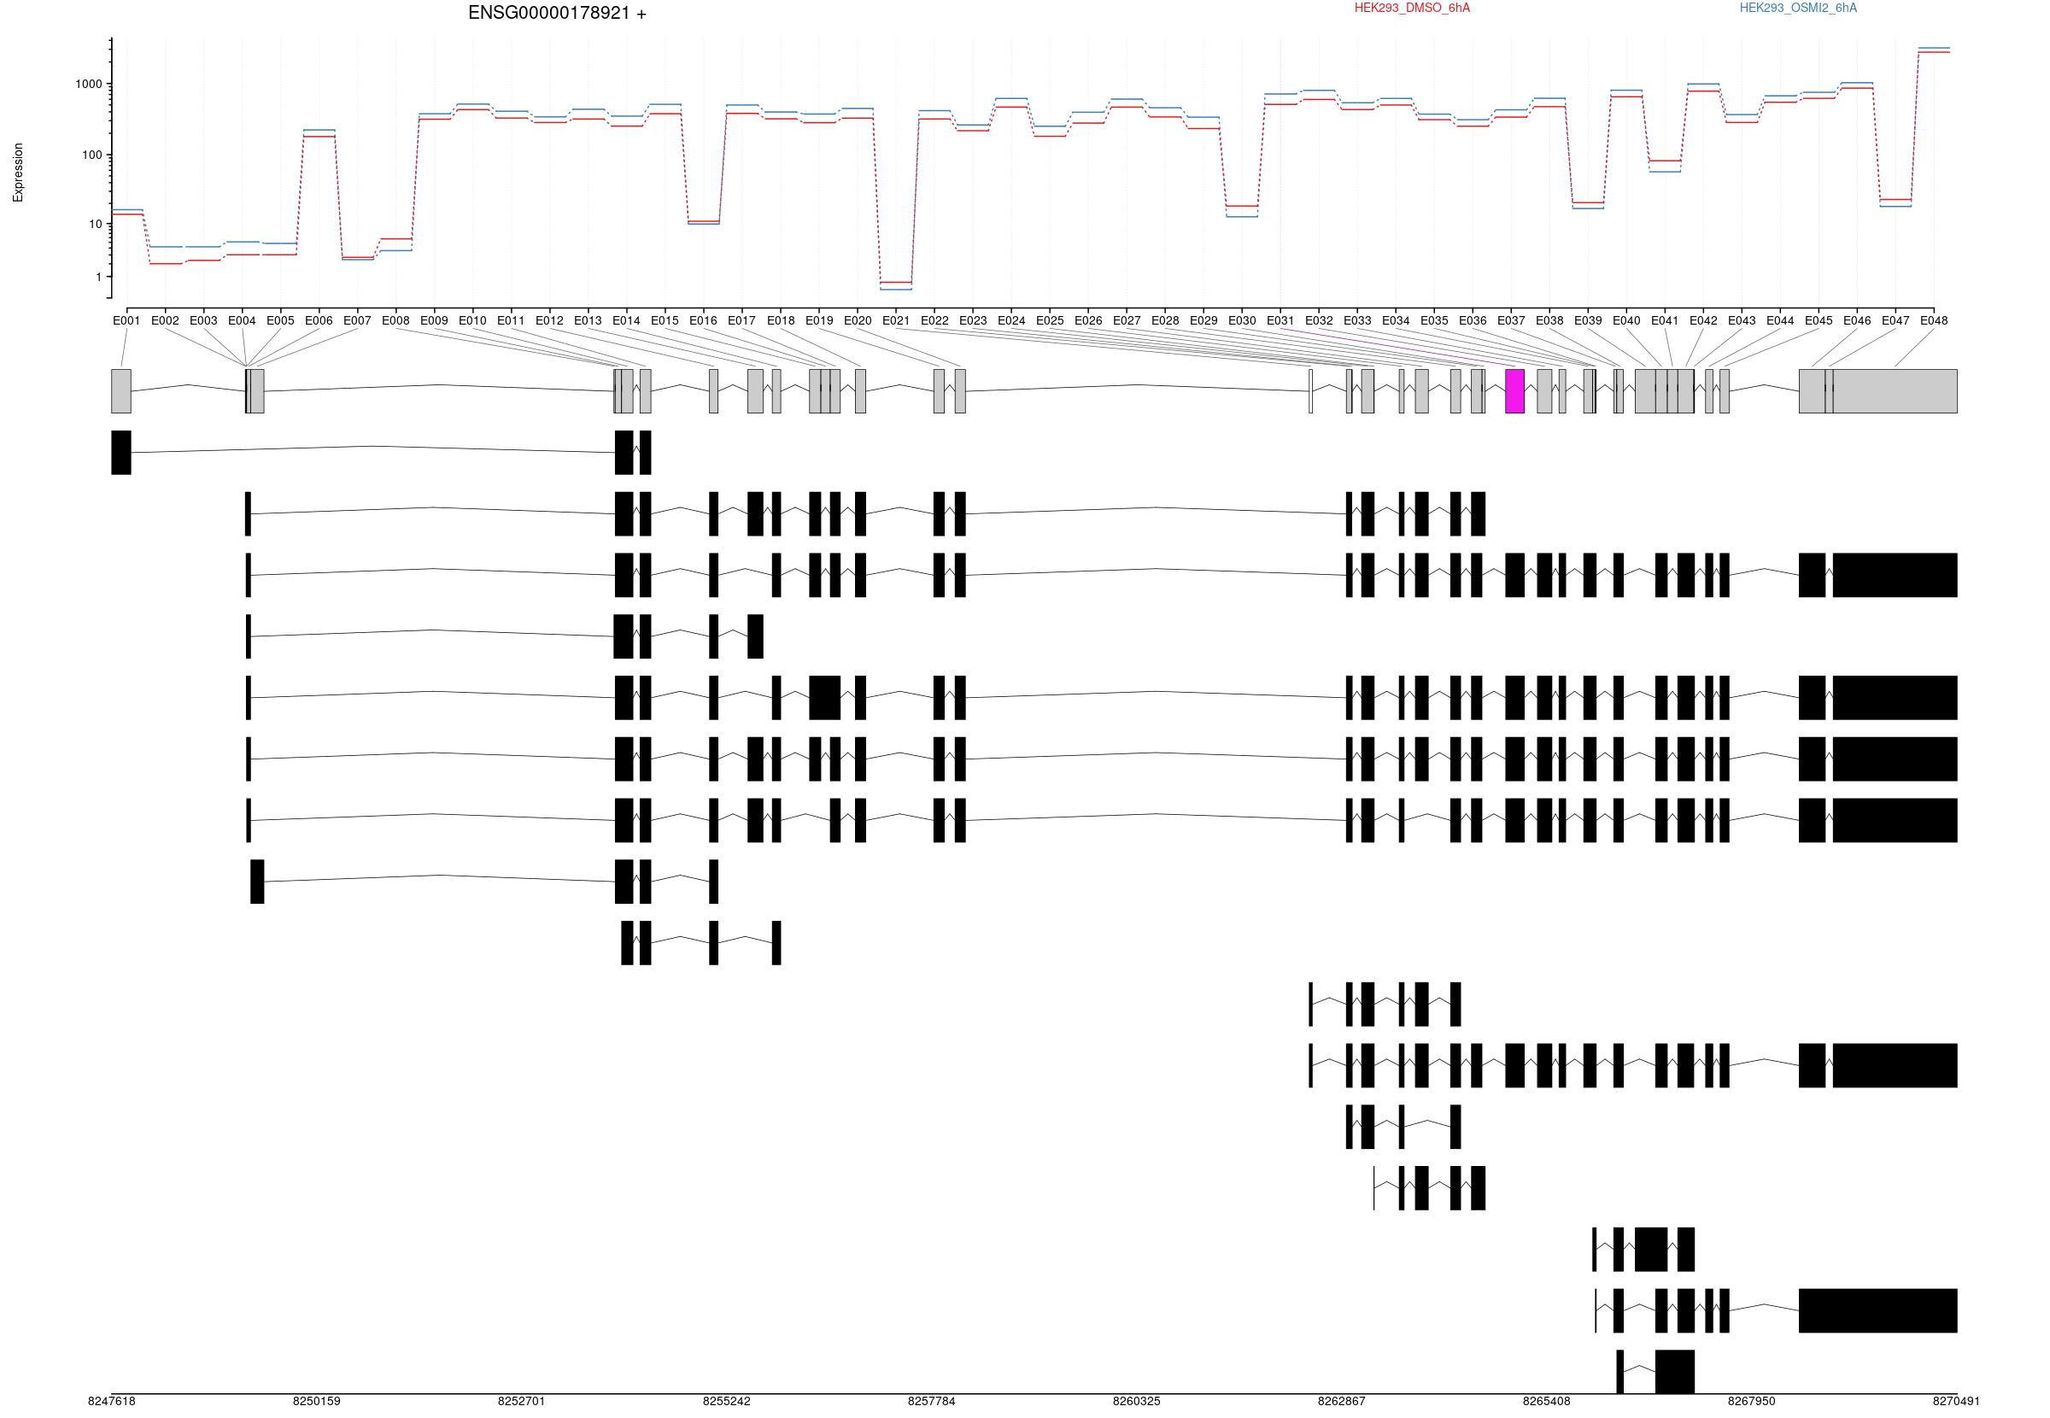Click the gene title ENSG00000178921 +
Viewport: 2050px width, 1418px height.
[x=557, y=14]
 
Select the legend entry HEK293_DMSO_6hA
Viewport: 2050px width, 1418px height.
[x=1411, y=8]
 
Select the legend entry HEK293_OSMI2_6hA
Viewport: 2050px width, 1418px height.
[x=1798, y=8]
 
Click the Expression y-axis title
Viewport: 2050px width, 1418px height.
[x=18, y=173]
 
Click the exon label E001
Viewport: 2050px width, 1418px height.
[x=126, y=320]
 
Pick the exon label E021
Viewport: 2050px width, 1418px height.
[x=895, y=320]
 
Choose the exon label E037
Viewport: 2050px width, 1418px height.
[x=1511, y=320]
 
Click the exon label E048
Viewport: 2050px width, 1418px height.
[x=1934, y=320]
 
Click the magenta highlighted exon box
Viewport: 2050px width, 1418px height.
[x=1514, y=391]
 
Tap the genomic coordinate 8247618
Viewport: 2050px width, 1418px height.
[x=112, y=1401]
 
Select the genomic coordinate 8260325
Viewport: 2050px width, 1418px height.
[x=1137, y=1401]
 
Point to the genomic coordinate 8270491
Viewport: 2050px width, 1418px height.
[x=1956, y=1401]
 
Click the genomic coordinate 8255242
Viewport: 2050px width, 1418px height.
[x=727, y=1401]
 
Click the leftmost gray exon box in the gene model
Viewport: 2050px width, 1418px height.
[x=120, y=391]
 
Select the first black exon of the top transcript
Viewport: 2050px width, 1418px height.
[x=120, y=452]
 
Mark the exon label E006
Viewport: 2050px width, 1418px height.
[x=319, y=320]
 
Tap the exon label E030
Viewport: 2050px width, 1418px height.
[x=1242, y=320]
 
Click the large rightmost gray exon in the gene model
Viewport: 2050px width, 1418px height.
[x=1895, y=391]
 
